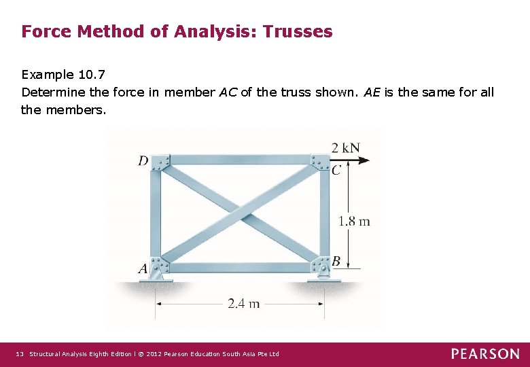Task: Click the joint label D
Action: tap(143, 161)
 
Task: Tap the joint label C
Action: tap(336, 171)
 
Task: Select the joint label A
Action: tap(143, 269)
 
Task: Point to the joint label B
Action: tap(336, 262)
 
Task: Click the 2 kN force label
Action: tap(345, 147)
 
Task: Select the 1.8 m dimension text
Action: tap(354, 221)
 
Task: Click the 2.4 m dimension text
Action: tap(243, 304)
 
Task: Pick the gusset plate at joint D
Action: tap(161, 163)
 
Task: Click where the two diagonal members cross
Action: tap(240, 213)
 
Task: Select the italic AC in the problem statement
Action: tap(228, 92)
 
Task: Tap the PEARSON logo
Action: tap(484, 354)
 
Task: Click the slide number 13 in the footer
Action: tap(20, 354)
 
